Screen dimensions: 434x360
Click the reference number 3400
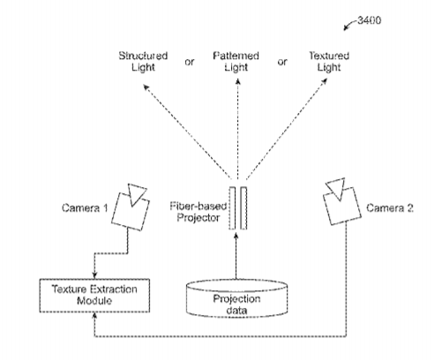370,20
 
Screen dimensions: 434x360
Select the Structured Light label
143,61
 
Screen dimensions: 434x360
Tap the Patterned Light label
236,61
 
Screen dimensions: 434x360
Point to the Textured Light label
329,61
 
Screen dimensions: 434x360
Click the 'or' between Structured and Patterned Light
190,62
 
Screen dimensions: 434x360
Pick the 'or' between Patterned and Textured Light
282,62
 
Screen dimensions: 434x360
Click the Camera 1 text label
85,208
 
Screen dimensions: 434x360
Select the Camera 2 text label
390,208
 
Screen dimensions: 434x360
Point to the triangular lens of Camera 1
136,193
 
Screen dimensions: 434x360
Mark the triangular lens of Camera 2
337,188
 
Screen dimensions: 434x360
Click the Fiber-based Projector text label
198,212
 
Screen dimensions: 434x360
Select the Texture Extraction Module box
94,296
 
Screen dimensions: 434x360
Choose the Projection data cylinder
236,298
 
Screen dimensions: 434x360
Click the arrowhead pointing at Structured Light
146,86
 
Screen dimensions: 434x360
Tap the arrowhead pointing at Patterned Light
238,81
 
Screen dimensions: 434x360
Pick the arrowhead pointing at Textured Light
325,81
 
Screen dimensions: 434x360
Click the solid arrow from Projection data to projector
236,256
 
